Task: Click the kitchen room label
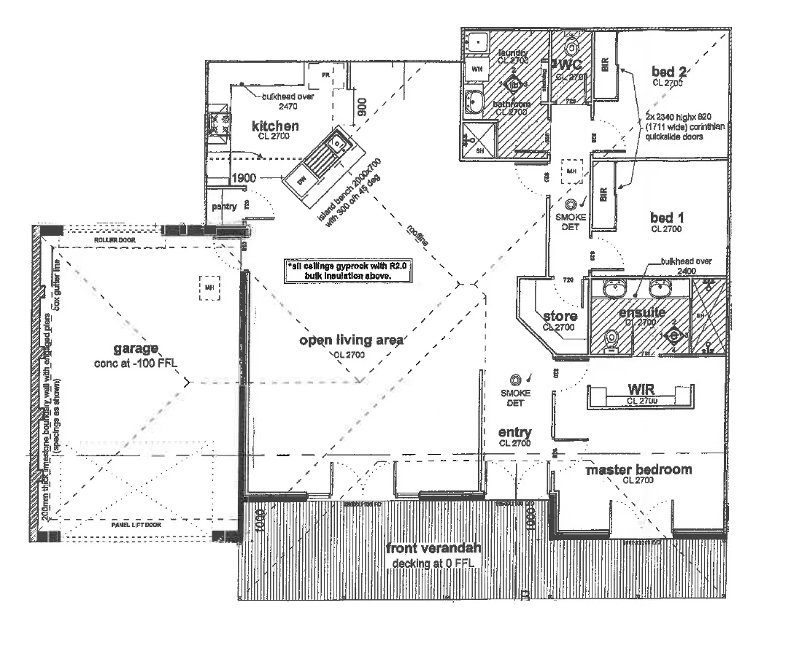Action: point(276,126)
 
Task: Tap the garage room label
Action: point(135,349)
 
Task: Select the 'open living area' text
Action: point(351,341)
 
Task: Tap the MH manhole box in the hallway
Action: point(571,172)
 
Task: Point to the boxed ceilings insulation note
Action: point(349,272)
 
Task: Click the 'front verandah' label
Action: point(422,550)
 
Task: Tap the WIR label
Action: point(641,389)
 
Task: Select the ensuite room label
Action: point(641,312)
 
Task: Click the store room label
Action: point(560,316)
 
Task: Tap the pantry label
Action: point(224,207)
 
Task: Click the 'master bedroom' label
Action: point(639,469)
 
